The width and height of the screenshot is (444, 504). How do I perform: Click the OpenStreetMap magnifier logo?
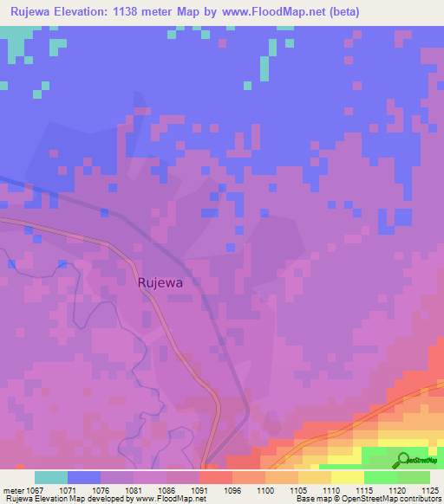click(403, 460)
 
